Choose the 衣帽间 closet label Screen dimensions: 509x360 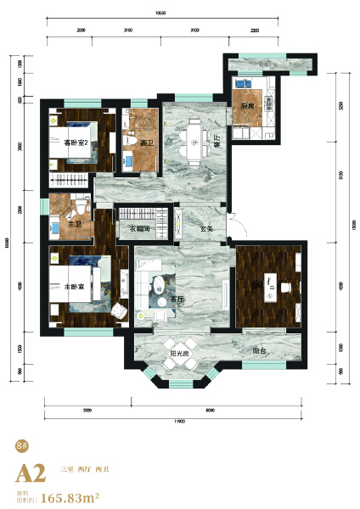140,228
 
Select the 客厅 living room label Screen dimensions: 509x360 177,299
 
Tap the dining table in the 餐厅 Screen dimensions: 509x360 194,141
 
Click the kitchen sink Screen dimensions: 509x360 241,84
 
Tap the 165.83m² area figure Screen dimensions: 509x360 72,497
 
